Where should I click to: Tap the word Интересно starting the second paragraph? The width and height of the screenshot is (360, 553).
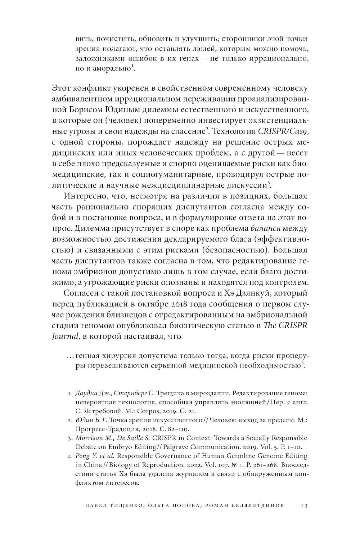pos(83,196)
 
